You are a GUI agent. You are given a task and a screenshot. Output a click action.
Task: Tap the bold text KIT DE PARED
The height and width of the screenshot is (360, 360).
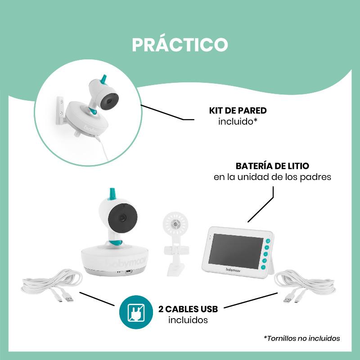pyautogui.click(x=238, y=111)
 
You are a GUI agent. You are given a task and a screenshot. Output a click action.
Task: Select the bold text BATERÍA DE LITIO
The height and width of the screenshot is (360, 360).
pyautogui.click(x=272, y=166)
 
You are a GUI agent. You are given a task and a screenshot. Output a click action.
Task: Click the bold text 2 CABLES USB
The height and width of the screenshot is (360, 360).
pyautogui.click(x=188, y=309)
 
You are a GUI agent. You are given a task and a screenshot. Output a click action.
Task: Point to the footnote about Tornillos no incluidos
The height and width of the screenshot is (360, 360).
pyautogui.click(x=301, y=338)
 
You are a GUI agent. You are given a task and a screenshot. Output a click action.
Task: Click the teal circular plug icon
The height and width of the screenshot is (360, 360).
pyautogui.click(x=136, y=312)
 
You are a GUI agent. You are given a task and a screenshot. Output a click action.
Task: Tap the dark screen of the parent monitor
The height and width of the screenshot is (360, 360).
pyautogui.click(x=235, y=251)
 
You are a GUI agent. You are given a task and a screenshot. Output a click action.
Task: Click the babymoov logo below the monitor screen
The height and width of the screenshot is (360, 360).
pyautogui.click(x=233, y=270)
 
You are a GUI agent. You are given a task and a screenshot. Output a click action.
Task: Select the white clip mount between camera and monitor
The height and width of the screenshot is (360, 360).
pyautogui.click(x=175, y=243)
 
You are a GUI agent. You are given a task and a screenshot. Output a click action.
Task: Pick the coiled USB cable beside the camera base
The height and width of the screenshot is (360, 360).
pyautogui.click(x=52, y=285)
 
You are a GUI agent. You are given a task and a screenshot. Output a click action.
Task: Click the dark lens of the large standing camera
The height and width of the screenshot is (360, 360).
pyautogui.click(x=123, y=218)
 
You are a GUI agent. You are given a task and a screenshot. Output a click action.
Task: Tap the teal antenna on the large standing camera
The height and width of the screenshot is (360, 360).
pyautogui.click(x=112, y=194)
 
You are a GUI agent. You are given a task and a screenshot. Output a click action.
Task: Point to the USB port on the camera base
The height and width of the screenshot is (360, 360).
pyautogui.click(x=129, y=272)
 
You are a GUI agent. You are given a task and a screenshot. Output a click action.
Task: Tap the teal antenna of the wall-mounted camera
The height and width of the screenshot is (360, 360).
pyautogui.click(x=104, y=79)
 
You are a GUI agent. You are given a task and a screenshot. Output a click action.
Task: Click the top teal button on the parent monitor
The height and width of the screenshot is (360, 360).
pyautogui.click(x=268, y=241)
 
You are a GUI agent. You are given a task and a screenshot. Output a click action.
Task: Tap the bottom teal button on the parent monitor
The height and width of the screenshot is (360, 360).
pyautogui.click(x=263, y=267)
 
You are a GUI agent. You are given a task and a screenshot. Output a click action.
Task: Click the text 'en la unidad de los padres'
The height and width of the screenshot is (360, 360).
pyautogui.click(x=272, y=177)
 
